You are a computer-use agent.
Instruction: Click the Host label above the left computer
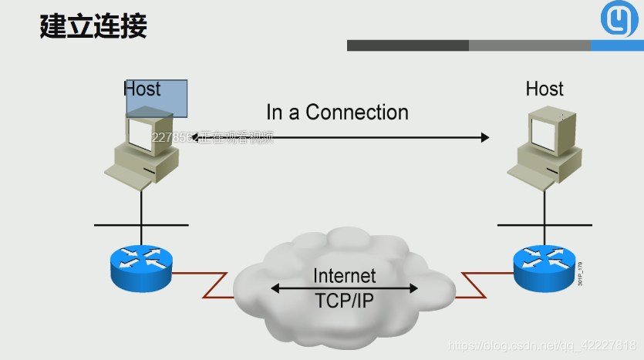click(142, 89)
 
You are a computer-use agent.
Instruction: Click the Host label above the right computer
click(545, 89)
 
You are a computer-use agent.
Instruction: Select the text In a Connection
click(337, 113)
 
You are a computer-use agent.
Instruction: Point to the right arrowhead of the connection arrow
click(485, 137)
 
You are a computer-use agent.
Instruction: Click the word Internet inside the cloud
click(345, 275)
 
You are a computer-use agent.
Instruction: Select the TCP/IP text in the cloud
click(344, 301)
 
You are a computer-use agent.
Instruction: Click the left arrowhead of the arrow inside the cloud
click(275, 289)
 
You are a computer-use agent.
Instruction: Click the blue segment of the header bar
click(618, 45)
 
